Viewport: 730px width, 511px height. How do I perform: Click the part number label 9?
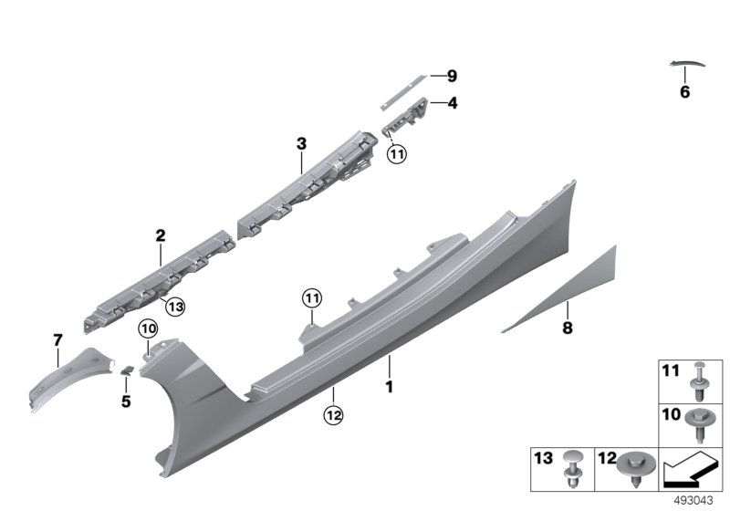[x=452, y=76]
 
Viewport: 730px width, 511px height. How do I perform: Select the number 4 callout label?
[x=452, y=103]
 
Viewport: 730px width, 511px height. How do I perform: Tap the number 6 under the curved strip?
[x=684, y=91]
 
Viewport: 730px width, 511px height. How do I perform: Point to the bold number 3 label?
[x=301, y=144]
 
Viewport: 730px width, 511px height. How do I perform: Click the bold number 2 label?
[x=161, y=235]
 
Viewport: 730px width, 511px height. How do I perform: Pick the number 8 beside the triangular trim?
[x=567, y=328]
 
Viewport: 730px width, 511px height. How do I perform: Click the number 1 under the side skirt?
[x=390, y=386]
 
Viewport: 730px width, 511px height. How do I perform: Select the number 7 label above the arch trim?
[x=57, y=340]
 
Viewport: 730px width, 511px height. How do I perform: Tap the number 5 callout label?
[x=126, y=401]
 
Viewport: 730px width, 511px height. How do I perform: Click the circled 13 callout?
[x=175, y=307]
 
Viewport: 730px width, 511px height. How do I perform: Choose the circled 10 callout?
[x=148, y=329]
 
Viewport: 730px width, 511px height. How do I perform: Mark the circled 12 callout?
[x=333, y=414]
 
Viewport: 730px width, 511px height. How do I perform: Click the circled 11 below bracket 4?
[x=397, y=153]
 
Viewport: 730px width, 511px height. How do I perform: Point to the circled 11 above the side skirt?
[x=312, y=297]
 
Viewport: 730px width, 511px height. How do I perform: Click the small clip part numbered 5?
[x=127, y=370]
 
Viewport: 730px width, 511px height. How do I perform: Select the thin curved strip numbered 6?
[x=687, y=63]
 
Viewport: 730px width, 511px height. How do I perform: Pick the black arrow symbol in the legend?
[x=690, y=471]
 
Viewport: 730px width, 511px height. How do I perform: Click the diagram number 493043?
[x=693, y=501]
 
